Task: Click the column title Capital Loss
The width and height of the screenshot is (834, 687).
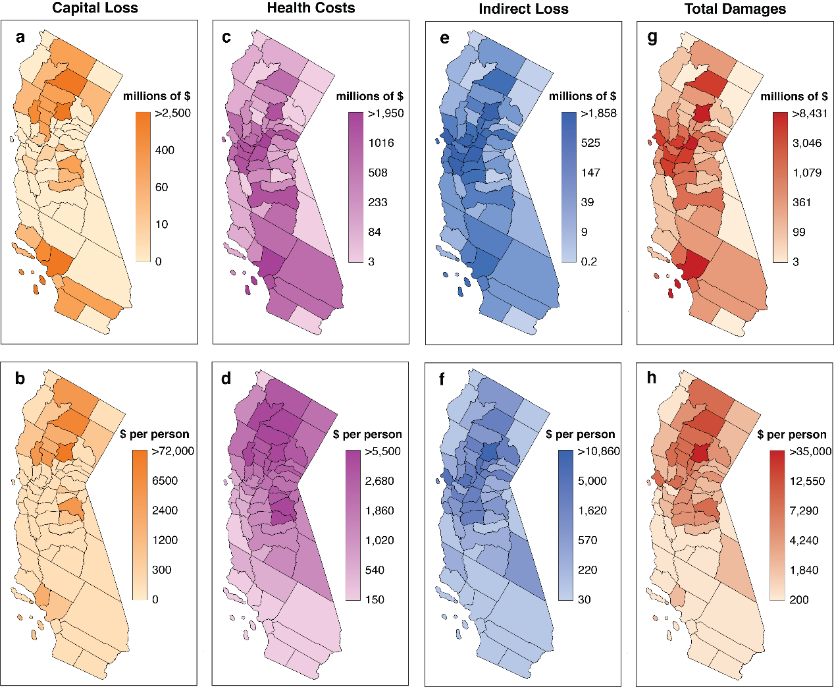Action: point(95,9)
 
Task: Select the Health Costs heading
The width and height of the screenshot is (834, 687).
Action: point(311,9)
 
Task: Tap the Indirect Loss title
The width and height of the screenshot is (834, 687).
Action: point(523,9)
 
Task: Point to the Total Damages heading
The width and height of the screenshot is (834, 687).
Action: point(735,9)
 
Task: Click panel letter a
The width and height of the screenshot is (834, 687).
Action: point(20,38)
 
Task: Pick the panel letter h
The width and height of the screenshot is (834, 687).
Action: point(652,378)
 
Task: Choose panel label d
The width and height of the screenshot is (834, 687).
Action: point(226,378)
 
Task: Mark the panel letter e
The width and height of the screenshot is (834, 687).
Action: point(445,38)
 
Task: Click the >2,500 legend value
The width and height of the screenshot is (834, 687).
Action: point(172,113)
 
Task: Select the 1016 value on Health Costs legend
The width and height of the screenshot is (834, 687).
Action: point(381,143)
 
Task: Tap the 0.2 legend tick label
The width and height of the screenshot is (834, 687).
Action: point(588,261)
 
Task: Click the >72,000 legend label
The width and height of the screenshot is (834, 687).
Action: point(172,451)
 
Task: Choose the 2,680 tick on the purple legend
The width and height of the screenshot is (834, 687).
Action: point(379,481)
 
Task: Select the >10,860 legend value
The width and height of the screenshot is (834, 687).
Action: point(598,451)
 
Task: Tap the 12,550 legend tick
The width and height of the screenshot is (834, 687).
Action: point(807,481)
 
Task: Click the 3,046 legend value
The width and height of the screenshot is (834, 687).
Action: point(806,143)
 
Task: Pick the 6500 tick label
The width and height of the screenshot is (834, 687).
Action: point(165,481)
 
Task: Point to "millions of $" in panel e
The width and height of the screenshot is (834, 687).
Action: point(583,96)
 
